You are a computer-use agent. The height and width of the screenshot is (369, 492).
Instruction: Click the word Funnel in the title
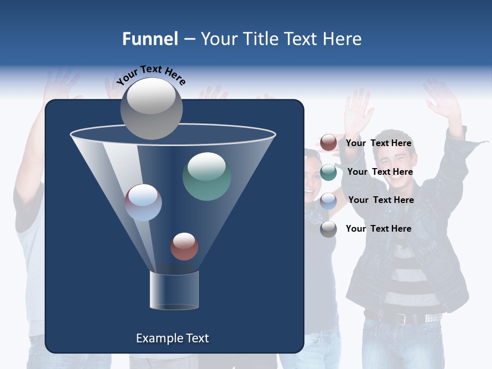150,39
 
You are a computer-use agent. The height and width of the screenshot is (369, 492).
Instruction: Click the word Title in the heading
259,39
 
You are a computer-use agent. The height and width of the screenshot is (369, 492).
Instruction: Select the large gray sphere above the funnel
152,108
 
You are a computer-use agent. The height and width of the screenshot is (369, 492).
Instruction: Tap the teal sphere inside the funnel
207,176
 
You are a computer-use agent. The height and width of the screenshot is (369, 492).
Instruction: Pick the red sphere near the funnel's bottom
184,247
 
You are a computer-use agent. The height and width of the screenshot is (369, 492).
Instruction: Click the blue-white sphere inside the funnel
143,202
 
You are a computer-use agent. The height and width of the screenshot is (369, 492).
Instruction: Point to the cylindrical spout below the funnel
174,290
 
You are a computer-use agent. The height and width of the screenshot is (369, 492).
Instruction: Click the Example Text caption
173,338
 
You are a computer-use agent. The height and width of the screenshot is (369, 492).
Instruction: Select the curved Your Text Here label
151,74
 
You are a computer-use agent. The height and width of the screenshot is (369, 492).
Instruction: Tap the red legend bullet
329,143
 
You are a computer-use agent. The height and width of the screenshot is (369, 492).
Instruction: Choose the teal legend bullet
329,172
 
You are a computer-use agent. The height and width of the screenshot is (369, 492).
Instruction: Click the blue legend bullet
329,200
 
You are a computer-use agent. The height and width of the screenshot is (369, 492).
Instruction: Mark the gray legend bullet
329,229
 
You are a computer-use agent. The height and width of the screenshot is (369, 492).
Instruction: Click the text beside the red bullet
378,143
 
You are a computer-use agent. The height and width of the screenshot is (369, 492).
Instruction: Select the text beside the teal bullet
380,172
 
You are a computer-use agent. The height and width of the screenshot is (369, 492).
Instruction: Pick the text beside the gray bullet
378,229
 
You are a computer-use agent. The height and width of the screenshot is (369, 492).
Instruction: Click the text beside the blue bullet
381,200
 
